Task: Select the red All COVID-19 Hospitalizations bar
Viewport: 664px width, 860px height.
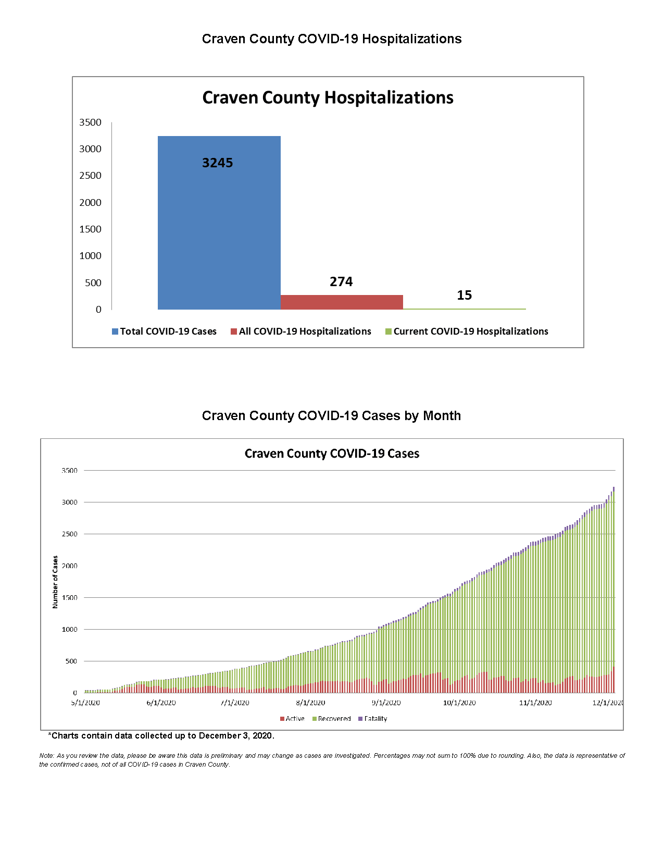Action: pyautogui.click(x=342, y=302)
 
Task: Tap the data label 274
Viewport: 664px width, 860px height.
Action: pyautogui.click(x=341, y=282)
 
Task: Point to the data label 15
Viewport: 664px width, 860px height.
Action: pyautogui.click(x=464, y=296)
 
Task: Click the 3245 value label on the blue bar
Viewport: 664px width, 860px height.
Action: pyautogui.click(x=218, y=163)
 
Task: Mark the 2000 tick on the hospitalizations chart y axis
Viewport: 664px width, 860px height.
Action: pyautogui.click(x=90, y=203)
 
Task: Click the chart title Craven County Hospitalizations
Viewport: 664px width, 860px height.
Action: pyautogui.click(x=328, y=98)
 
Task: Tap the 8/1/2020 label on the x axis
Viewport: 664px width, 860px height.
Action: pyautogui.click(x=310, y=703)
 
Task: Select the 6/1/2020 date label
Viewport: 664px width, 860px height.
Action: pyautogui.click(x=161, y=703)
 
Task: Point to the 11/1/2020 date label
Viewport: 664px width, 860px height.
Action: pyautogui.click(x=535, y=703)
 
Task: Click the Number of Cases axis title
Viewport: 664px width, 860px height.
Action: pyautogui.click(x=55, y=582)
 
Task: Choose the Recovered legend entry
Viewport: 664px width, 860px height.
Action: pyautogui.click(x=334, y=719)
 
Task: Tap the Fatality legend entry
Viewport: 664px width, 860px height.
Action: pyautogui.click(x=375, y=719)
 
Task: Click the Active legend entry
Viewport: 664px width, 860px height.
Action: pyautogui.click(x=294, y=719)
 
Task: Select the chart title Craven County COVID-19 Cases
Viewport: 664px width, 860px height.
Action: pyautogui.click(x=332, y=454)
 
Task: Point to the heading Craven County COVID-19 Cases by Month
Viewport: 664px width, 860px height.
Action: pyautogui.click(x=331, y=416)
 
